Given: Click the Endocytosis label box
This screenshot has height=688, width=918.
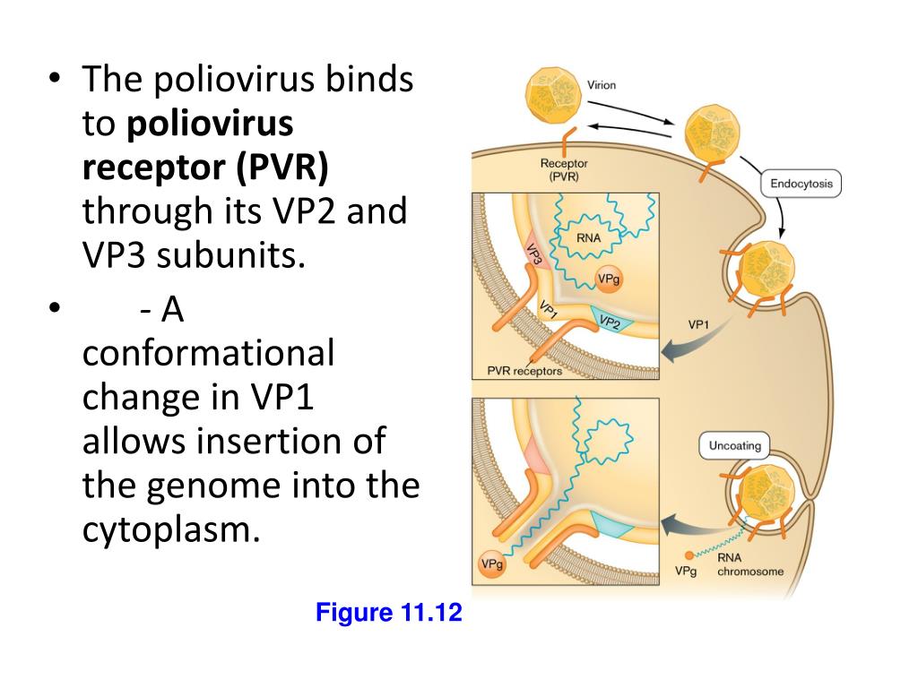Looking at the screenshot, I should (801, 185).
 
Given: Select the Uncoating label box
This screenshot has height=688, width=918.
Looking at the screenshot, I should (734, 446).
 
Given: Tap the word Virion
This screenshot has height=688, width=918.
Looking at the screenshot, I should (602, 86).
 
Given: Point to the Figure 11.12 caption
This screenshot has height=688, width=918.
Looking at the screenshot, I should (388, 614).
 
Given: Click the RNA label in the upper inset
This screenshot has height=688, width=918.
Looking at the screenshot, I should (589, 238).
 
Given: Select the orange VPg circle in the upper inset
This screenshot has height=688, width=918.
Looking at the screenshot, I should (609, 279).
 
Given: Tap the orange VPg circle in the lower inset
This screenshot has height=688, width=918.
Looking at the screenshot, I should (491, 564).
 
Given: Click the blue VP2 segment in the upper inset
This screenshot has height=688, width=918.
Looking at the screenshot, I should (610, 321).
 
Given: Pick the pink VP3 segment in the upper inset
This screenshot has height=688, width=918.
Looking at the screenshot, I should (534, 255).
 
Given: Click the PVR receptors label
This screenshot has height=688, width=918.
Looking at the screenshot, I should (524, 371).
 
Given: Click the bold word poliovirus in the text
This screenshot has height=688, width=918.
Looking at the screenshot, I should (210, 125).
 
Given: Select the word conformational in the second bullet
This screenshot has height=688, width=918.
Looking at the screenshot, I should (208, 353).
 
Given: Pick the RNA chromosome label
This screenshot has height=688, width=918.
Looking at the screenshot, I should (750, 565).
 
